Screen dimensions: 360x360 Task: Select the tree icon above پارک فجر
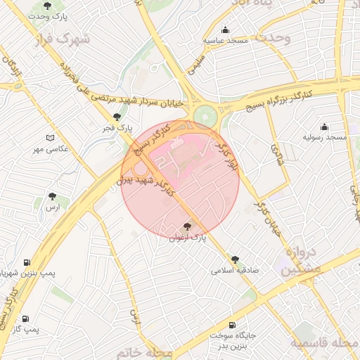(x=116, y=117)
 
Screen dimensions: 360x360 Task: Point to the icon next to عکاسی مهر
(x=49, y=138)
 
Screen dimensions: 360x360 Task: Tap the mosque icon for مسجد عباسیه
(x=225, y=30)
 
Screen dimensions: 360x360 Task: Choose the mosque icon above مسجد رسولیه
(x=324, y=127)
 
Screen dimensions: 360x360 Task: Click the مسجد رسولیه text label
(x=324, y=137)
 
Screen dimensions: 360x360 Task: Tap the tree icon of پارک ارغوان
(x=186, y=227)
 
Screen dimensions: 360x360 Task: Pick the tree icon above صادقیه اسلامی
(x=235, y=259)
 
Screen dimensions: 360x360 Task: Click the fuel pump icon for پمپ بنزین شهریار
(x=27, y=262)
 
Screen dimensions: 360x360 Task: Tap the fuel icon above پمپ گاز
(x=25, y=318)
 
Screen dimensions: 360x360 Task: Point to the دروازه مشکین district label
(x=302, y=261)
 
